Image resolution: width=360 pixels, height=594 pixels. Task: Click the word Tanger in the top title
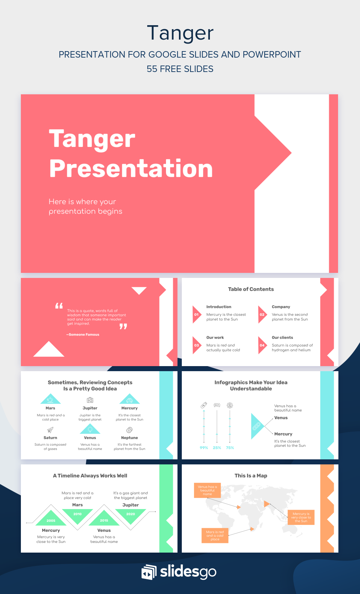click(180, 33)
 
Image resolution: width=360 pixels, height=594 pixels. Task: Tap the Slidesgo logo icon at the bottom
click(149, 572)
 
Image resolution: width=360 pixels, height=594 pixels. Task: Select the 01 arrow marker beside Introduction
click(196, 315)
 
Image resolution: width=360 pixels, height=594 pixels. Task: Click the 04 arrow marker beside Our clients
click(262, 345)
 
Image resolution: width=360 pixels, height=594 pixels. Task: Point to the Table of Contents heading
click(251, 289)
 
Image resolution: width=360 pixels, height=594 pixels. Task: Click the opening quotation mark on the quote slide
click(59, 306)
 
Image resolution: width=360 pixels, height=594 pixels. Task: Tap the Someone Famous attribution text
click(83, 334)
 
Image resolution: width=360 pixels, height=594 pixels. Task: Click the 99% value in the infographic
click(204, 448)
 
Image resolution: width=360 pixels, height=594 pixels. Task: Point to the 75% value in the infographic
click(230, 448)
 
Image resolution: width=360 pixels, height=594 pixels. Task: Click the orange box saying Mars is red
click(215, 535)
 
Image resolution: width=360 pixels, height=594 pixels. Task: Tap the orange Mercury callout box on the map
click(301, 517)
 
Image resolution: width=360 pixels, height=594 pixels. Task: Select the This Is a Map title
click(251, 476)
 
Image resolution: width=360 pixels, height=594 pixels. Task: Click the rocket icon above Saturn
click(50, 430)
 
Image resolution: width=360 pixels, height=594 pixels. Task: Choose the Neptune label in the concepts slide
click(130, 438)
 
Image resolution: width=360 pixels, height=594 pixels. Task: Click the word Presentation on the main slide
click(131, 168)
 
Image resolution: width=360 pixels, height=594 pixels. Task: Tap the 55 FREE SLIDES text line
click(180, 69)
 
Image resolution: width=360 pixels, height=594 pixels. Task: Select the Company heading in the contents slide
click(281, 307)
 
